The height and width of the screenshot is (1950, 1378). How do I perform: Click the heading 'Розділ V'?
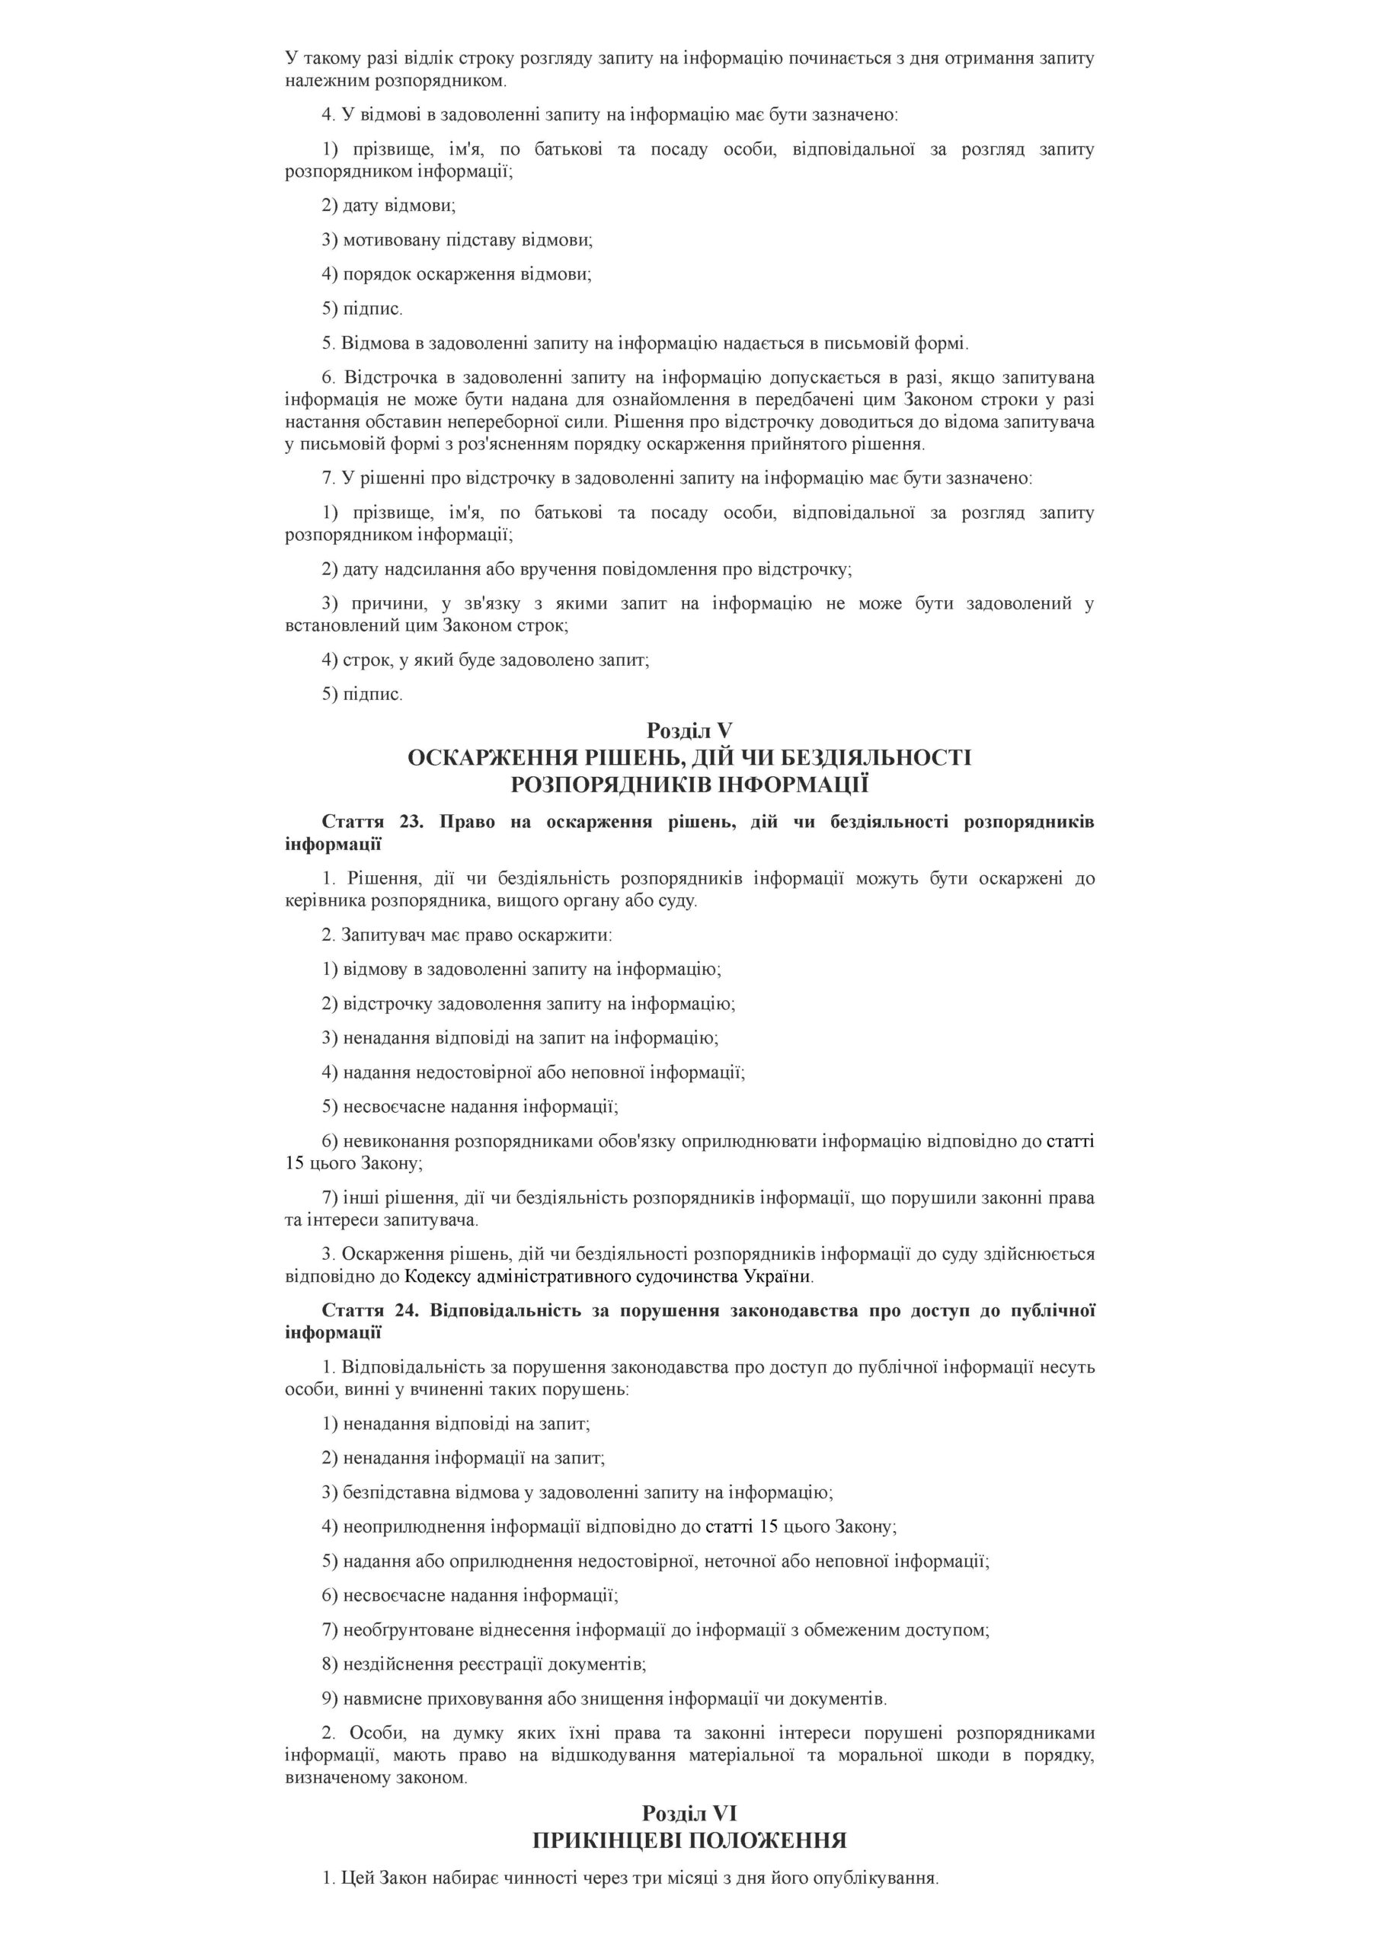coord(689,730)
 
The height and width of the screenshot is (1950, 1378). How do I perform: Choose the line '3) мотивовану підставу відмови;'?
coord(457,239)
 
